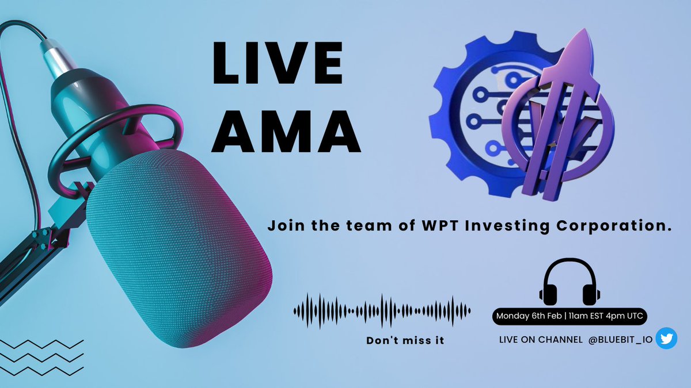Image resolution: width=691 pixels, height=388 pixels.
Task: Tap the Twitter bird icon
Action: tap(666, 339)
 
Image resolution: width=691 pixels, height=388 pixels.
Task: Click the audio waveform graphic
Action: tap(382, 311)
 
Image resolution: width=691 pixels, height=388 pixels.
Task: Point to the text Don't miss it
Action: tap(405, 340)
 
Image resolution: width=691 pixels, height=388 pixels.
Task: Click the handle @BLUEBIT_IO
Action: tap(620, 340)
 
